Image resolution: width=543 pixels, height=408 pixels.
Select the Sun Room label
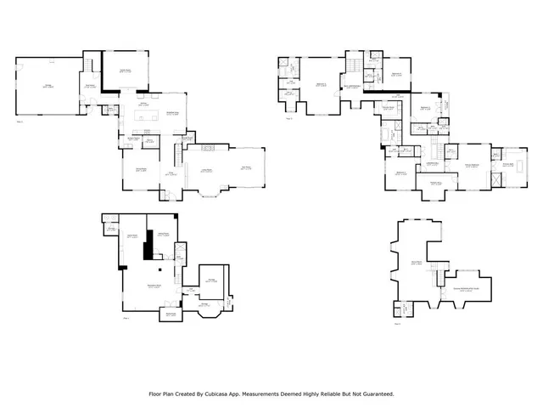pyautogui.click(x=245, y=167)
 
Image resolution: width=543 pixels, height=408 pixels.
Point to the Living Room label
pyautogui.click(x=205, y=170)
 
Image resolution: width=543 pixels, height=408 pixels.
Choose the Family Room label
pyautogui.click(x=125, y=71)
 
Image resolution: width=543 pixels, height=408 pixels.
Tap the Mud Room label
pyautogui.click(x=90, y=84)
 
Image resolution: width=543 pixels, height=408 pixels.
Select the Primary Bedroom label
pyautogui.click(x=473, y=166)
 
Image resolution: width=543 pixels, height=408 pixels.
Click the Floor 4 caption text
pyautogui.click(x=396, y=323)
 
